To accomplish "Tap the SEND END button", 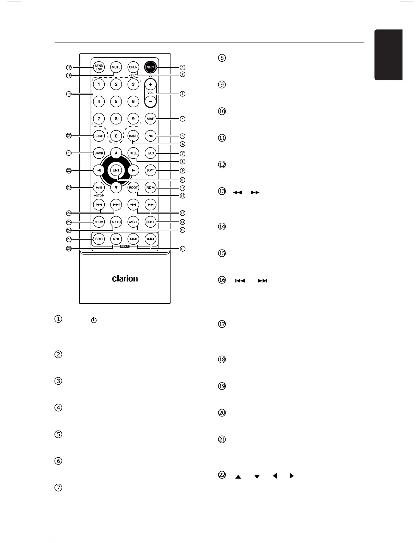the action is coord(99,67).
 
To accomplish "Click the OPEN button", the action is coord(133,67).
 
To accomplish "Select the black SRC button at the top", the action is coord(150,67).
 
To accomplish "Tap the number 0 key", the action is coord(116,136).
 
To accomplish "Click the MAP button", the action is coord(150,119).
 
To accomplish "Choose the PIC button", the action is coord(150,136).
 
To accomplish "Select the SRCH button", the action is coord(99,136).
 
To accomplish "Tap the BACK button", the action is coord(99,153).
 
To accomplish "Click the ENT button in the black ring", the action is coord(116,170).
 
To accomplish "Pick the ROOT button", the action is coord(133,188).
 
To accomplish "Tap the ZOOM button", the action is coord(99,222).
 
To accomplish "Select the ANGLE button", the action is coord(133,222).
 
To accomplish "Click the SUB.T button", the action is coord(150,222).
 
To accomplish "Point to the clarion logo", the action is coord(125,279).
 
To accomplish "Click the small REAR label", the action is coord(125,246).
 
